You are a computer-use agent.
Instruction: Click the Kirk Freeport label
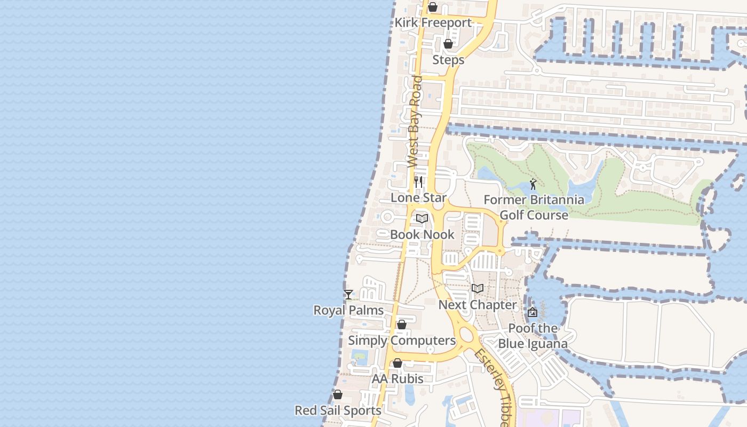[x=433, y=23]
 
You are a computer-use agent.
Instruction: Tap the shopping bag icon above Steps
[x=448, y=44]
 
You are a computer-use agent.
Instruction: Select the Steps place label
[x=448, y=60]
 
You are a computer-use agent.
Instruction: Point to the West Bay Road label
[x=415, y=122]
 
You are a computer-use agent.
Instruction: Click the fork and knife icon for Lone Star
[x=418, y=182]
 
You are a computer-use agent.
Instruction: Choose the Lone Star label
[x=418, y=197]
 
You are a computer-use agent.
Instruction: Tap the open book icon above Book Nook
[x=422, y=218]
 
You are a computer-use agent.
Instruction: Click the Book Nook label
[x=422, y=234]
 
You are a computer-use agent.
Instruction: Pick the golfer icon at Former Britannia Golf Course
[x=533, y=185]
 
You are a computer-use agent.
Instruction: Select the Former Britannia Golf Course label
[x=534, y=208]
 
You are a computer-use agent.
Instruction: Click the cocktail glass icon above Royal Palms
[x=348, y=294]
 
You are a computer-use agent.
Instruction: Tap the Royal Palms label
[x=348, y=310]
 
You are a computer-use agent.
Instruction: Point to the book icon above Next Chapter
[x=478, y=289]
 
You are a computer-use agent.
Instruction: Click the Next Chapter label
[x=478, y=305]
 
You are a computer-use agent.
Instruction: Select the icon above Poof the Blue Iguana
[x=532, y=312]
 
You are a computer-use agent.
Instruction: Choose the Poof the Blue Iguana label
[x=533, y=336]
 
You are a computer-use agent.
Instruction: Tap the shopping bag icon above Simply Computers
[x=402, y=325]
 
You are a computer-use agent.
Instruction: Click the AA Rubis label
[x=398, y=379]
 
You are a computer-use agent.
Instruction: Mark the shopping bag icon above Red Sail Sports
[x=338, y=395]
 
